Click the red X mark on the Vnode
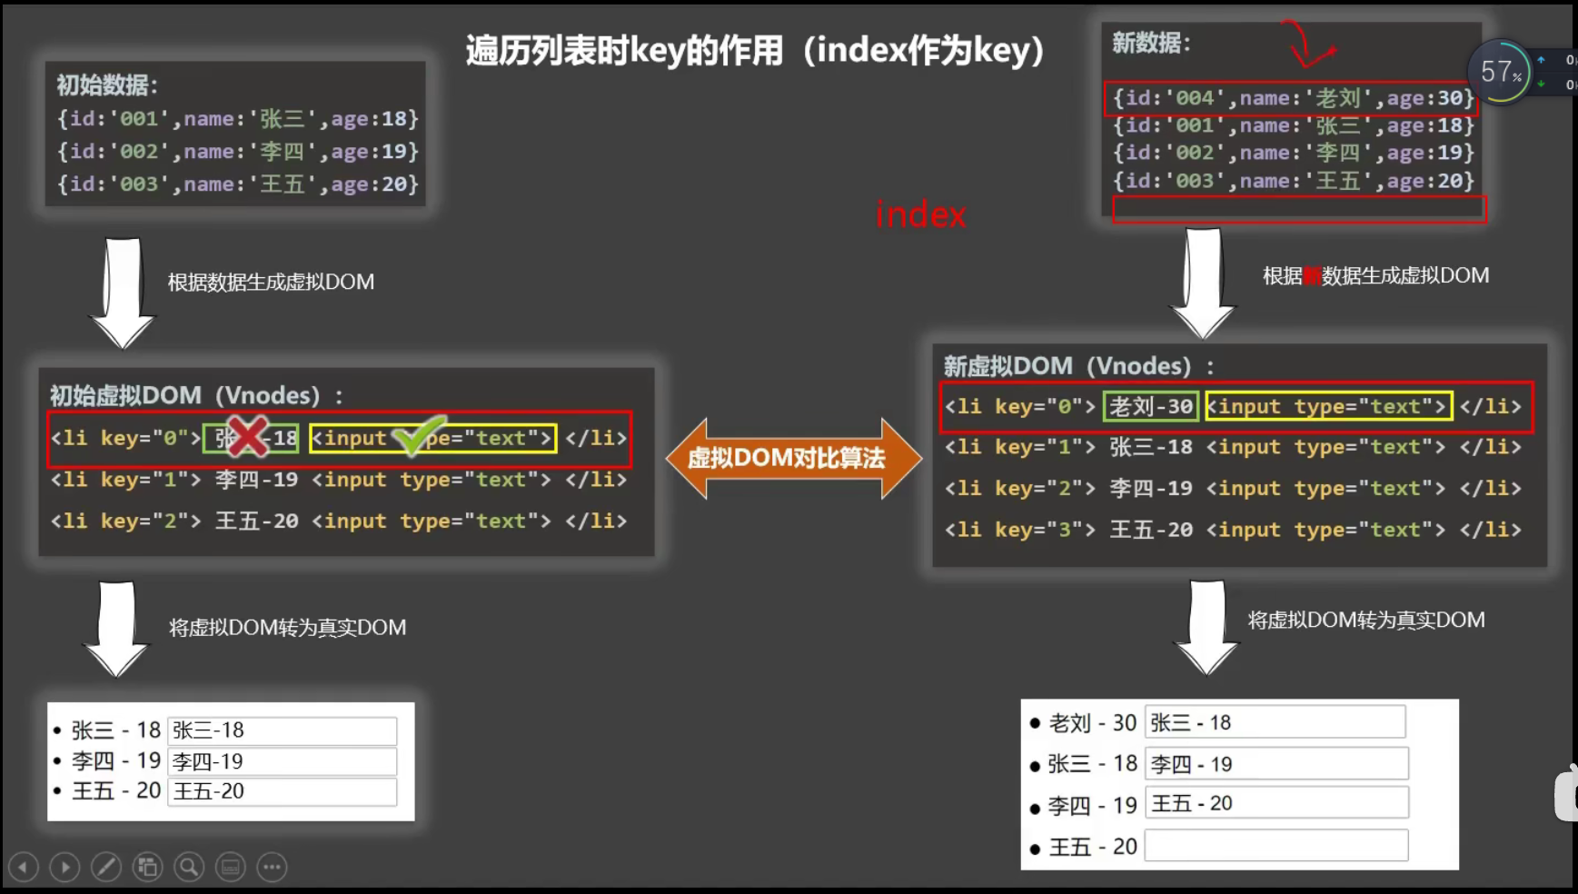(x=247, y=437)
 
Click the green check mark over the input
(x=419, y=435)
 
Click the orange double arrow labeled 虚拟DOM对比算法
(x=792, y=458)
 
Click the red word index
(x=920, y=215)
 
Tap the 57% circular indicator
(x=1500, y=72)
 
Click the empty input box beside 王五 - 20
(x=1275, y=846)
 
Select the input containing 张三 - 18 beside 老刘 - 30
(x=1274, y=722)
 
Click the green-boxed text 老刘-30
(x=1150, y=406)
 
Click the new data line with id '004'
(x=1292, y=98)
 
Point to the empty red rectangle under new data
(x=1299, y=209)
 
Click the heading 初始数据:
(x=107, y=85)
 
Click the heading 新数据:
(x=1150, y=43)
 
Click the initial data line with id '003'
(x=238, y=184)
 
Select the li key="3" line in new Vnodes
(x=1232, y=530)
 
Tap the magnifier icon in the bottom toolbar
(x=189, y=867)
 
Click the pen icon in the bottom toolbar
(x=106, y=867)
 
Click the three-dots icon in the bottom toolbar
(x=272, y=867)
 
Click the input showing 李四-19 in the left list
(x=283, y=761)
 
